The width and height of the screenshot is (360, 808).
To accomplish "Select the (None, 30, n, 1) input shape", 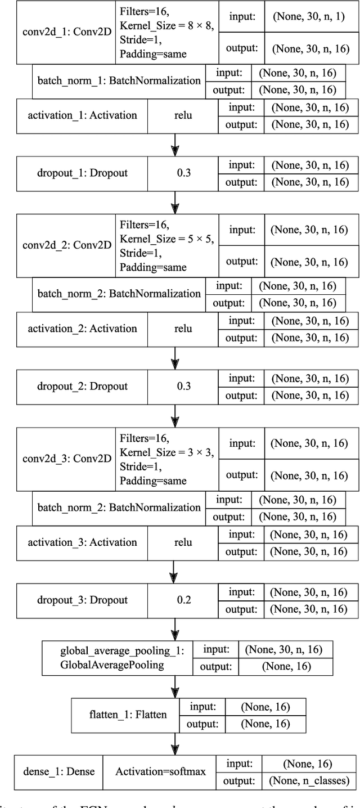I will pos(310,16).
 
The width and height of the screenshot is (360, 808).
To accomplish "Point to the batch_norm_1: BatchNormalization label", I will pos(119,80).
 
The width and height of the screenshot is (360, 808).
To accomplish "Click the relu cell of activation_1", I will pos(183,115).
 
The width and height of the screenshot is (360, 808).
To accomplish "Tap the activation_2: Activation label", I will pos(82,328).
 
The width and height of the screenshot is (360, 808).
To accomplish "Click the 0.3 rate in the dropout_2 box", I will pos(183,386).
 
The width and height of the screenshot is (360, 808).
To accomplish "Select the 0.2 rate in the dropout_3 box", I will pos(183,599).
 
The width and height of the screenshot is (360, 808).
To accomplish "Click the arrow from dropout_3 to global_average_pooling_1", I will pos(175,628).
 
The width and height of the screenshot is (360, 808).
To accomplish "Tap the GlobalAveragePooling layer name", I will pos(112,665).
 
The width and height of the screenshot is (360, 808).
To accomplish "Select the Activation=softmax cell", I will pos(160,771).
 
